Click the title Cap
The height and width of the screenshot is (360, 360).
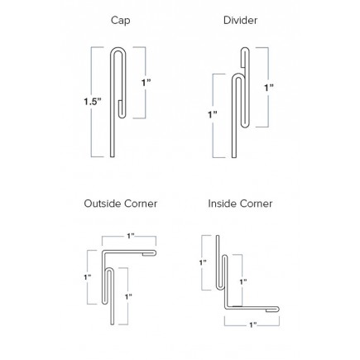point(120,21)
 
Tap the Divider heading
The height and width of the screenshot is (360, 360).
point(240,21)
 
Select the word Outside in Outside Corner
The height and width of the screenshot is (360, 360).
point(103,204)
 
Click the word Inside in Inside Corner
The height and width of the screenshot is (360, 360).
point(222,204)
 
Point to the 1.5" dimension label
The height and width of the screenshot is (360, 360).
point(93,102)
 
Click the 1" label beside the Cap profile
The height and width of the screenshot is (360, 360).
point(146,83)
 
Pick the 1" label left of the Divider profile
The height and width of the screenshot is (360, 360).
point(213,114)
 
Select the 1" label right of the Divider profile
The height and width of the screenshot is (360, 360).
point(269,88)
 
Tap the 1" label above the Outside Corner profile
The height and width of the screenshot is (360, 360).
point(131,236)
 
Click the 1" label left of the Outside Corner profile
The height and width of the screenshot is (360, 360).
point(88,277)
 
